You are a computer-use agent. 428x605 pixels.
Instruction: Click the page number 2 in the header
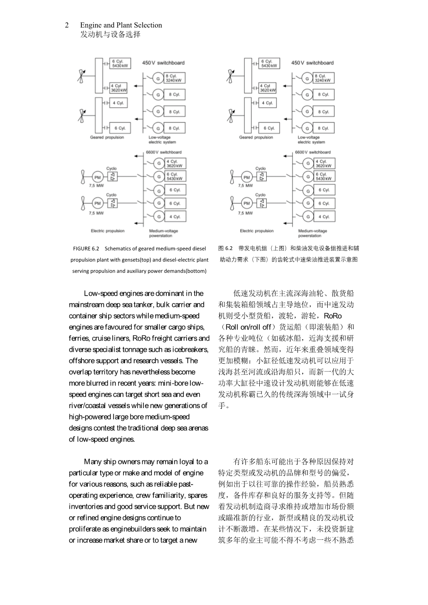pos(67,25)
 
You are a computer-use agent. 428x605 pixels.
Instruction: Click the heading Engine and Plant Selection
pos(121,25)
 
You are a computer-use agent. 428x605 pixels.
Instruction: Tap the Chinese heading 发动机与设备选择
pos(110,34)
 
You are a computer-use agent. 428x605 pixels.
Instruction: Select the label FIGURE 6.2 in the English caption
pos(86,249)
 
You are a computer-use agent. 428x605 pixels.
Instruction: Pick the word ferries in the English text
pos(78,338)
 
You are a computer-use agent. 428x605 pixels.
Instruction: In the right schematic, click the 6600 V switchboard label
pos(313,152)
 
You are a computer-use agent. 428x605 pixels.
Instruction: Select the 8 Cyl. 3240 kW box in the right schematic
pos(324,78)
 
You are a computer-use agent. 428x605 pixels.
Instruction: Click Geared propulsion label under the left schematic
pos(107,137)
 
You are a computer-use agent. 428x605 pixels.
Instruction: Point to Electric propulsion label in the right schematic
pos(257,231)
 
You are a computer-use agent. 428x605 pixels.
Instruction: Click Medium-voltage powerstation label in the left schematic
pos(164,233)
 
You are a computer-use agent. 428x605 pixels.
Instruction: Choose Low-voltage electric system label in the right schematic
pos(311,140)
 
